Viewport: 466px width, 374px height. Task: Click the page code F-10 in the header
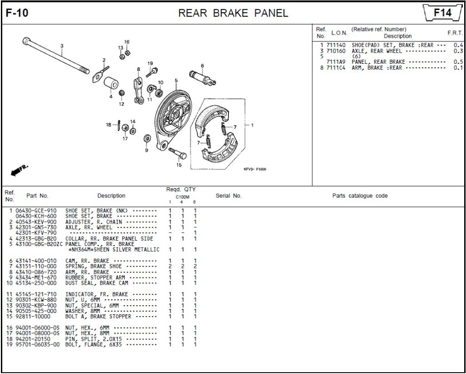17,13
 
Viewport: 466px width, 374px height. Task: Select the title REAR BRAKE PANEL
233,13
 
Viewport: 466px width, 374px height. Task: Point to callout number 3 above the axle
62,46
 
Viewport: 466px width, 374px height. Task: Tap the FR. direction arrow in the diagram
19,170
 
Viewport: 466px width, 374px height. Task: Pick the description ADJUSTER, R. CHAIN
87,222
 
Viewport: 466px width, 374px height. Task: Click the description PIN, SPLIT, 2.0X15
94,339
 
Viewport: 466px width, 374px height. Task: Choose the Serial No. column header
228,196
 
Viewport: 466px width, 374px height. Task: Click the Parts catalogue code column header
360,196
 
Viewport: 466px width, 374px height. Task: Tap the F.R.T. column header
455,33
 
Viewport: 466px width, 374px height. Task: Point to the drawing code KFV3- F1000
255,169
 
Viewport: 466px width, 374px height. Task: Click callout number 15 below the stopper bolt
179,165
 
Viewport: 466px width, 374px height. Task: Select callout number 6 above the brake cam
202,66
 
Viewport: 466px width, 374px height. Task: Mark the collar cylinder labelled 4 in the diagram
111,84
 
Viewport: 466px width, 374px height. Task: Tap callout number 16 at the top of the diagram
127,42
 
